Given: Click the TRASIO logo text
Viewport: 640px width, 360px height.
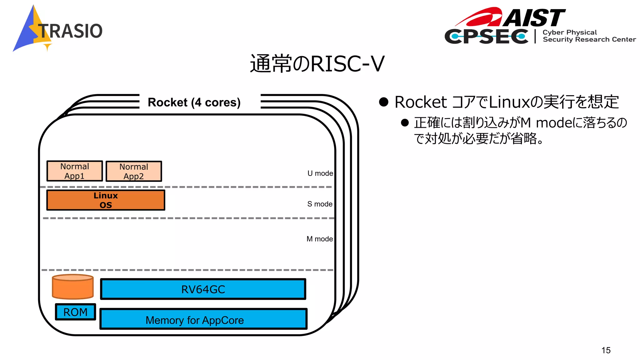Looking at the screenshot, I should tap(71, 31).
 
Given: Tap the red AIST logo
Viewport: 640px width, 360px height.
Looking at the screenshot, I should tap(512, 17).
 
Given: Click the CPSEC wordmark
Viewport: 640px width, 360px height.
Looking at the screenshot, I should tap(486, 37).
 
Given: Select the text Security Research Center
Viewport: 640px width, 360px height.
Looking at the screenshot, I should tap(589, 40).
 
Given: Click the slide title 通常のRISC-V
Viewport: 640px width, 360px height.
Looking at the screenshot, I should tap(317, 64).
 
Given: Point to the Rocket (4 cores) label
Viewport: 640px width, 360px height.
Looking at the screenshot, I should tap(194, 102).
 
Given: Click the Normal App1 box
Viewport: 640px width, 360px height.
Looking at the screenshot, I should tap(75, 171).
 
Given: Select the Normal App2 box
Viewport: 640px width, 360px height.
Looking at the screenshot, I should tap(134, 171).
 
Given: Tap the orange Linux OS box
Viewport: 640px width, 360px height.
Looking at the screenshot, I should tap(106, 200).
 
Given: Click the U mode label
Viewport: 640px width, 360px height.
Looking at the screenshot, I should tap(320, 173).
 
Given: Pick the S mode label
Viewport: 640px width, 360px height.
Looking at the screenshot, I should tap(320, 204).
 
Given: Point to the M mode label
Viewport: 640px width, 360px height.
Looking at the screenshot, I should tap(319, 239).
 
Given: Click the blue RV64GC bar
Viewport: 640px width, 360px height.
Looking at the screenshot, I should tap(203, 289).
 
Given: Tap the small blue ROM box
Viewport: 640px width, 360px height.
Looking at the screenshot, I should tap(75, 312).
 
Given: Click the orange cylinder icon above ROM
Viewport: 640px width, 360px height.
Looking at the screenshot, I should tap(73, 287).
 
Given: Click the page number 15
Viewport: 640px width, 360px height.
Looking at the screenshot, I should tap(606, 350).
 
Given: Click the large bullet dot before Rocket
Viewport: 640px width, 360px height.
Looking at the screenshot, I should tap(383, 102).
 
